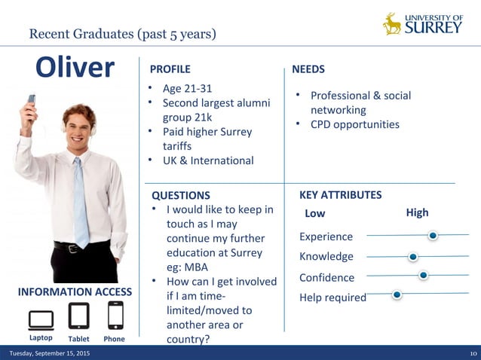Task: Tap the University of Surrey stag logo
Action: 392,24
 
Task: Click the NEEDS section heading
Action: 308,69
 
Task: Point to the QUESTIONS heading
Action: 181,195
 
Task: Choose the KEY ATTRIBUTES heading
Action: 340,195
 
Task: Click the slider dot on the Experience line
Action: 433,236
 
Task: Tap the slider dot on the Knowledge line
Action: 412,257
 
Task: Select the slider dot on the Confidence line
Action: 423,276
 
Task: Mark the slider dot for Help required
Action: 397,294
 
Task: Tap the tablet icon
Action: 78,316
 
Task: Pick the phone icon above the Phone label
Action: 115,316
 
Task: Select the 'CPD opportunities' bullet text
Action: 355,124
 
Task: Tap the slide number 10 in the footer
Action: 473,354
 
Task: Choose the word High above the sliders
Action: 417,213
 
